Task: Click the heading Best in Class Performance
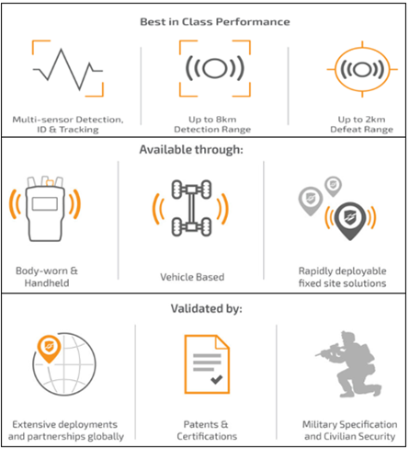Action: click(x=215, y=22)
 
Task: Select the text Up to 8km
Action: click(x=212, y=120)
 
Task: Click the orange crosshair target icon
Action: click(x=362, y=69)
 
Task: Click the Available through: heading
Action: click(x=191, y=150)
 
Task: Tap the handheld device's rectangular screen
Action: click(x=45, y=204)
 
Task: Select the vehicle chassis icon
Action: click(x=191, y=208)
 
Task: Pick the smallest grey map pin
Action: click(x=333, y=186)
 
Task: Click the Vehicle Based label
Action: click(x=192, y=277)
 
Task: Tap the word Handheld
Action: click(x=47, y=283)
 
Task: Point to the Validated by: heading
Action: click(x=206, y=308)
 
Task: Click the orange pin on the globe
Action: click(x=49, y=349)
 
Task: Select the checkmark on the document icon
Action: click(x=216, y=380)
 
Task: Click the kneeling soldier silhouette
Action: click(x=348, y=364)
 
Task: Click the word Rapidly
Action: click(x=316, y=271)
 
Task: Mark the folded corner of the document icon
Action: click(x=222, y=342)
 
